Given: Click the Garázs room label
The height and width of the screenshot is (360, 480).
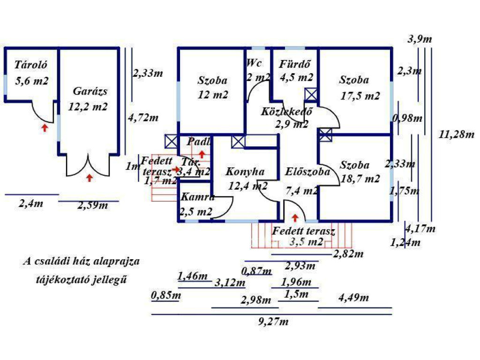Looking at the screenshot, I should pyautogui.click(x=90, y=91).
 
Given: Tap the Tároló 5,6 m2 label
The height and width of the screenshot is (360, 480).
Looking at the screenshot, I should pyautogui.click(x=31, y=81).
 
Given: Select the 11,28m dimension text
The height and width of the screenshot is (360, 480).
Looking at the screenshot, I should pyautogui.click(x=457, y=135).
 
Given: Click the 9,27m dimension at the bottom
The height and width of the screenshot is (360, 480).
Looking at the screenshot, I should pyautogui.click(x=273, y=322).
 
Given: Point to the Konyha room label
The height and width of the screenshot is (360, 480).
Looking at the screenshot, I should pyautogui.click(x=245, y=172).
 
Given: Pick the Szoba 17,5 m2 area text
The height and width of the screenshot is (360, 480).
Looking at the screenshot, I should pyautogui.click(x=360, y=96).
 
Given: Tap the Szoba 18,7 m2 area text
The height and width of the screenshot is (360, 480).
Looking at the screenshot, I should pyautogui.click(x=360, y=179).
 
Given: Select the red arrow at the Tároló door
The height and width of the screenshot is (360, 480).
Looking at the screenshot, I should pyautogui.click(x=45, y=127).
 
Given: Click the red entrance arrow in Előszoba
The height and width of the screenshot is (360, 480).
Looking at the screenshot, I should pyautogui.click(x=295, y=217).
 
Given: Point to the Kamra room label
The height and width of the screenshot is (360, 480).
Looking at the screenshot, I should pyautogui.click(x=197, y=197).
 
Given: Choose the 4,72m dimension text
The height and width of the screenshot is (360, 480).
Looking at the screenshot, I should pyautogui.click(x=143, y=118).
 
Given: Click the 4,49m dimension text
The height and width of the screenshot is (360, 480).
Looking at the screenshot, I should pyautogui.click(x=353, y=298).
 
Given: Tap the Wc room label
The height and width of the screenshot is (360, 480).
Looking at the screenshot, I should pyautogui.click(x=255, y=63).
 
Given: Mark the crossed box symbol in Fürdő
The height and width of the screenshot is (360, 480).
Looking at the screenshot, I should pyautogui.click(x=311, y=94).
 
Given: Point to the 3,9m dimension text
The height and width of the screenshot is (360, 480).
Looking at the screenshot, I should pyautogui.click(x=420, y=39).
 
